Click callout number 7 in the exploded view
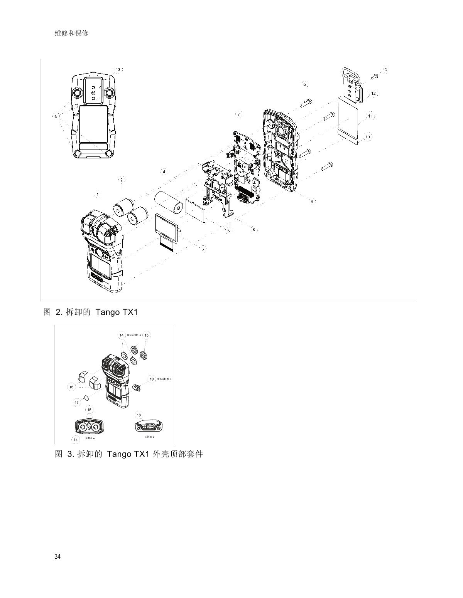(x=239, y=114)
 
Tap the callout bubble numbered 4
(x=164, y=171)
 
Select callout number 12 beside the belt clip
(x=373, y=94)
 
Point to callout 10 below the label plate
(x=368, y=137)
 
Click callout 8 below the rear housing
(x=312, y=202)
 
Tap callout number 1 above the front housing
(x=98, y=195)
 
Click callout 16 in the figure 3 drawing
(x=71, y=387)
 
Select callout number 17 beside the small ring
(x=77, y=402)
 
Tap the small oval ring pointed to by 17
(x=87, y=396)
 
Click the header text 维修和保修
(x=72, y=33)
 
